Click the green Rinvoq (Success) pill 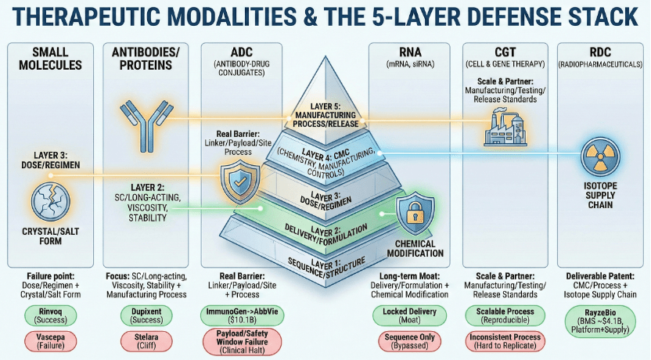pos(50,315)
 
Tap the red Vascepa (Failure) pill pos(50,341)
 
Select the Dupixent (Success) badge pos(146,315)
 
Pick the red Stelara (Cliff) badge pos(146,341)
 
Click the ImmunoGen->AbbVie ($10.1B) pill pos(242,315)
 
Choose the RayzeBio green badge pos(600,322)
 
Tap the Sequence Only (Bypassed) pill pos(409,341)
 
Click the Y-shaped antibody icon pos(146,125)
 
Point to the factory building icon pos(505,127)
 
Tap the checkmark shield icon pos(240,182)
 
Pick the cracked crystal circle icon pos(51,202)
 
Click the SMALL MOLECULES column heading pos(50,59)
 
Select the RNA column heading pos(409,52)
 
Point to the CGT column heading pos(505,52)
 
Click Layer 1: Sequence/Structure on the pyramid pos(326,267)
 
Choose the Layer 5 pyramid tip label pos(325,115)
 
